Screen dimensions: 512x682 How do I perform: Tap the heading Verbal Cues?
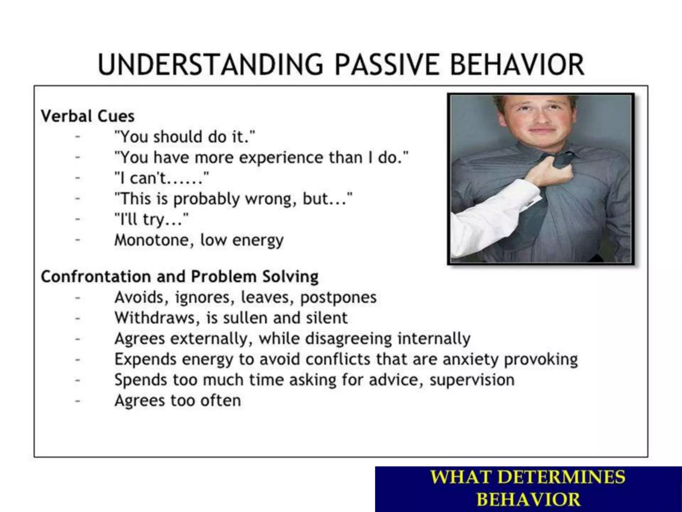[88, 116]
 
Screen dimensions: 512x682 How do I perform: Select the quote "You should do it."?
[184, 137]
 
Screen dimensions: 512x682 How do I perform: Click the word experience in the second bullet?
[281, 158]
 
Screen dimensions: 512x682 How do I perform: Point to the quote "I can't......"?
[162, 178]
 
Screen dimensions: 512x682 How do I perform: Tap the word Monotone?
[151, 240]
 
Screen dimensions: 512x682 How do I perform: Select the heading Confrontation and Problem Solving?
[179, 277]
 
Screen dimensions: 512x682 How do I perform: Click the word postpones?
[338, 297]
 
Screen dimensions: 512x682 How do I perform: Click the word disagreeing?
[348, 339]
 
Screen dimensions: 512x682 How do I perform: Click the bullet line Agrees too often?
[177, 400]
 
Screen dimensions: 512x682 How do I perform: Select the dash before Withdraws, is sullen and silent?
[78, 318]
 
